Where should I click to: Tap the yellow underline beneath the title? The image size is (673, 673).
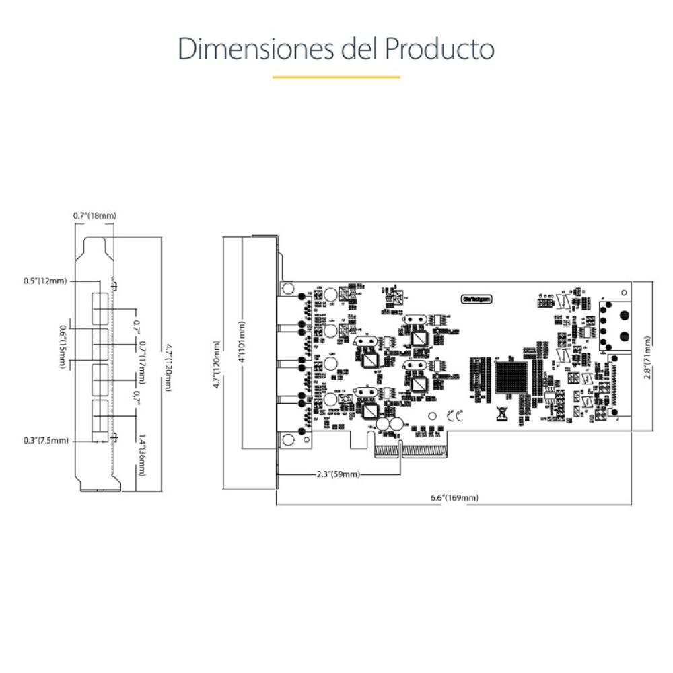pyautogui.click(x=336, y=77)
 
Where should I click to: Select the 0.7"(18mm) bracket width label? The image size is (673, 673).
pyautogui.click(x=95, y=215)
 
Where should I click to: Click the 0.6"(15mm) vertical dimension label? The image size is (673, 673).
pyautogui.click(x=63, y=347)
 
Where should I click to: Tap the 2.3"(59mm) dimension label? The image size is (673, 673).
pyautogui.click(x=338, y=474)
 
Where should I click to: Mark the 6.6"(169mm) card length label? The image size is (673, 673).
pyautogui.click(x=454, y=497)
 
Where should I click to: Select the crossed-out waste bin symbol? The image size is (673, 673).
pyautogui.click(x=501, y=415)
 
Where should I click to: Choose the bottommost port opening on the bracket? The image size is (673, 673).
pyautogui.click(x=100, y=416)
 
